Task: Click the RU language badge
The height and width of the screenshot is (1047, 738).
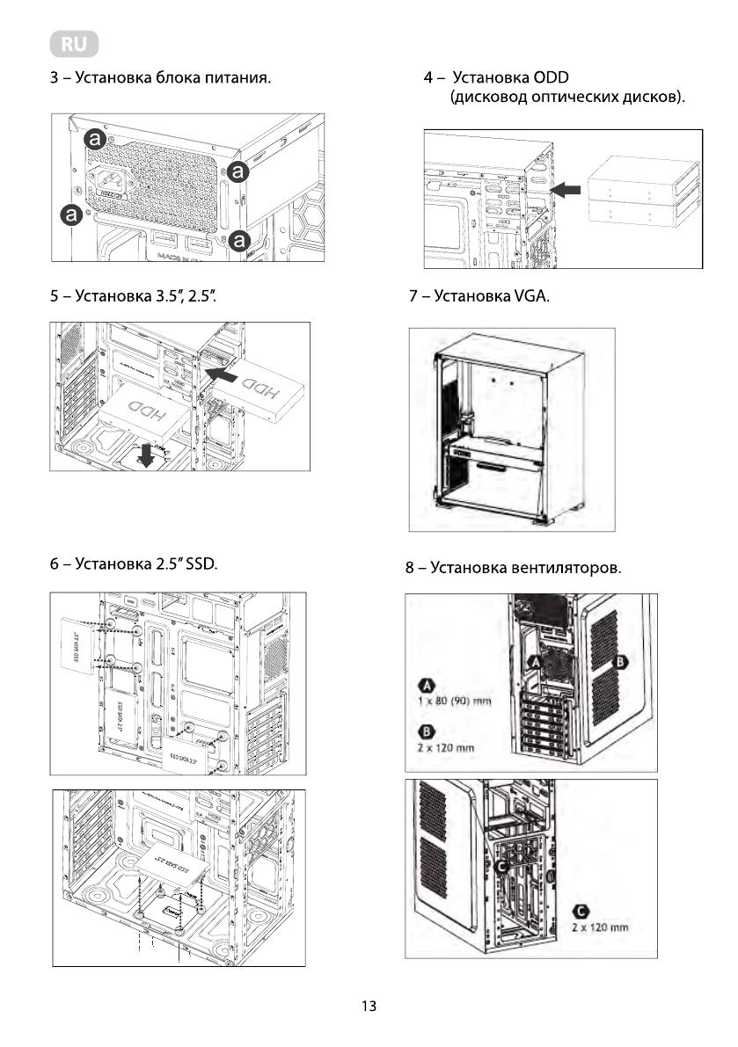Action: tap(74, 44)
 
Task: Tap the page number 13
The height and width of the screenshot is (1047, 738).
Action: tap(369, 1007)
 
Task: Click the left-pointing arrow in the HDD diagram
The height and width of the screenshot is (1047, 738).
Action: tap(218, 376)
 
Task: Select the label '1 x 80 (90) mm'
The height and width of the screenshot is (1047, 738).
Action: tap(454, 701)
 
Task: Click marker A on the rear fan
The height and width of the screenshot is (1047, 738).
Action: tap(534, 661)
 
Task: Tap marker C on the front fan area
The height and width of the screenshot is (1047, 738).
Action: tap(502, 867)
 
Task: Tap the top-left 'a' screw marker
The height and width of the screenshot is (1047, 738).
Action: tap(94, 139)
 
